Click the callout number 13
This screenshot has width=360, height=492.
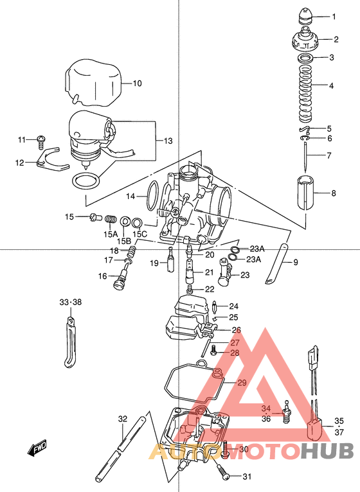tap(168, 141)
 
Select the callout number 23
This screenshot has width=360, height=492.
tap(244, 275)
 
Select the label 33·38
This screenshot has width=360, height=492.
tap(71, 302)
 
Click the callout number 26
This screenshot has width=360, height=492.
tap(235, 329)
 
